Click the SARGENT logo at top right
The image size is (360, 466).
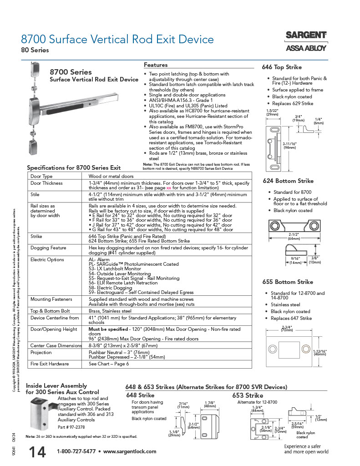pyautogui.click(x=306, y=35)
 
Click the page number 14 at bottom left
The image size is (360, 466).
pyautogui.click(x=37, y=452)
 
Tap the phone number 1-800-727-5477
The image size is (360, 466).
pyautogui.click(x=76, y=451)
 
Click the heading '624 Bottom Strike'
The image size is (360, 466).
pyautogui.click(x=288, y=181)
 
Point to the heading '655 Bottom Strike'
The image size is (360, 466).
pyautogui.click(x=288, y=282)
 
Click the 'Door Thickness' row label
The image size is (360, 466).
pyautogui.click(x=46, y=183)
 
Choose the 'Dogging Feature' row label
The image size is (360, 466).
pyautogui.click(x=48, y=248)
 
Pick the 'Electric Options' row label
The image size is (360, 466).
pyautogui.click(x=47, y=259)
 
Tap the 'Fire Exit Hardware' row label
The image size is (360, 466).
pyautogui.click(x=50, y=364)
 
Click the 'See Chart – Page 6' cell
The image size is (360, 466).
pyautogui.click(x=108, y=364)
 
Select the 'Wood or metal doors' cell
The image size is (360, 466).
pyautogui.click(x=111, y=176)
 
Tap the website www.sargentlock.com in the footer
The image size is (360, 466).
pyautogui.click(x=130, y=451)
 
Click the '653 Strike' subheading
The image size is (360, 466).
pyautogui.click(x=248, y=395)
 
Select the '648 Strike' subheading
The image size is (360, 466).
pyautogui.click(x=140, y=395)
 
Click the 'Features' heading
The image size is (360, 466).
pyautogui.click(x=156, y=65)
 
